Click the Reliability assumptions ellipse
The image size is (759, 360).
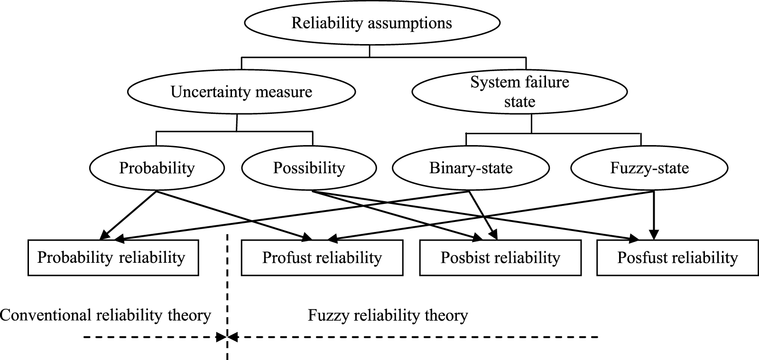click(372, 23)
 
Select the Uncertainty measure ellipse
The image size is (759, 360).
click(241, 92)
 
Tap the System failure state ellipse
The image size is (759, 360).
click(520, 92)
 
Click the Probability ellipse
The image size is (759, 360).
click(157, 168)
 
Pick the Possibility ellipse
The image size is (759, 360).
click(309, 168)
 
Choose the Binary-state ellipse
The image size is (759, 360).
click(471, 168)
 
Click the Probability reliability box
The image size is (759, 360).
click(113, 258)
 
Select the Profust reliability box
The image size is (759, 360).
click(322, 258)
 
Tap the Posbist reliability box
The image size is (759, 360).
click(500, 258)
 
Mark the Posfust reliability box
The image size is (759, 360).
click(677, 258)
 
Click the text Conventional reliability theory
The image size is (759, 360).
click(105, 315)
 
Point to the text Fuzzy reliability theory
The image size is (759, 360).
click(388, 315)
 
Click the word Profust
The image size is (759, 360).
click(287, 258)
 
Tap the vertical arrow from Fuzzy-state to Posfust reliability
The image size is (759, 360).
click(654, 213)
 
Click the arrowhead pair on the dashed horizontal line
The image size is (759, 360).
click(228, 338)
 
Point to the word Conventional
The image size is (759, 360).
click(46, 315)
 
